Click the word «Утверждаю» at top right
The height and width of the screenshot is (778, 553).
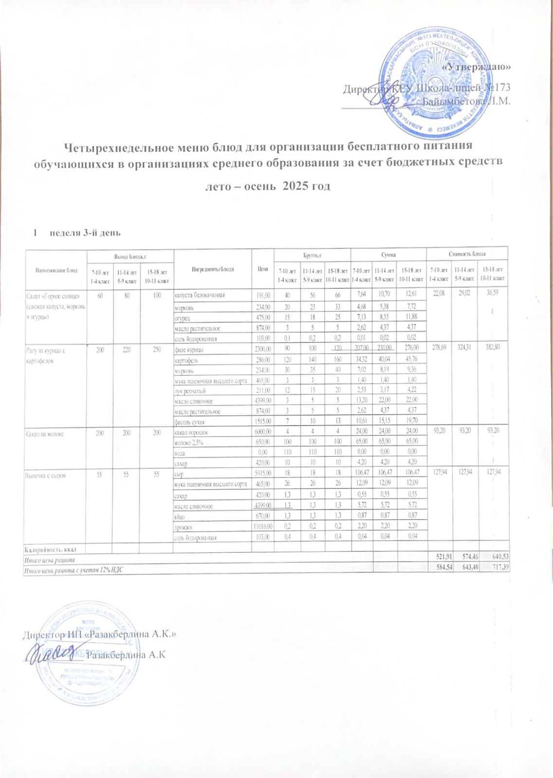coord(479,67)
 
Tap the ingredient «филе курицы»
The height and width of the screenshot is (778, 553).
coord(189,350)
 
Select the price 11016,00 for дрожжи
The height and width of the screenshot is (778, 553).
coord(262,527)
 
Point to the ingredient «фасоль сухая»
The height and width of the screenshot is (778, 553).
coord(190,422)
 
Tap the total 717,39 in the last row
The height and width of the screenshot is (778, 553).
coord(497,568)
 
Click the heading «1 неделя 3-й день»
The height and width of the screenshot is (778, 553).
coord(76,233)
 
